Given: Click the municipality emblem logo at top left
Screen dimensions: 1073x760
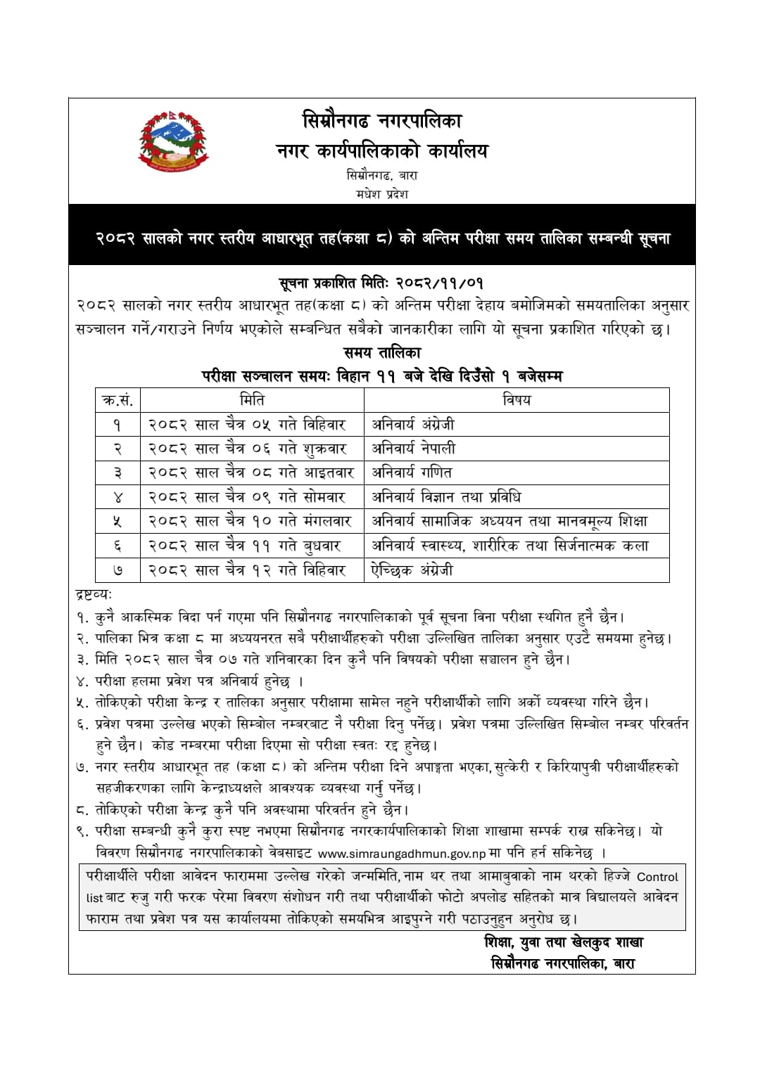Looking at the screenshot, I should [x=174, y=141].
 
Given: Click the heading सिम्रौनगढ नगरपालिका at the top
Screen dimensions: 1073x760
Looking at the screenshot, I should [x=382, y=121].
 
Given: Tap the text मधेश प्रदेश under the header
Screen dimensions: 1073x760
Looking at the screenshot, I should [x=382, y=194].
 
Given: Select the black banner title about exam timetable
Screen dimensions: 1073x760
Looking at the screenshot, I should [x=382, y=238].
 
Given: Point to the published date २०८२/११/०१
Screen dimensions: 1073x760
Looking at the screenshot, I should [x=439, y=283].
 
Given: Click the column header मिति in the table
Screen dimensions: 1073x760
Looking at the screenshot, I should [x=252, y=400].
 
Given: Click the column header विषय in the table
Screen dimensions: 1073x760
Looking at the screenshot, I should [x=517, y=400].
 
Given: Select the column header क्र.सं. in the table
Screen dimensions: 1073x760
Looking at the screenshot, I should [x=118, y=400].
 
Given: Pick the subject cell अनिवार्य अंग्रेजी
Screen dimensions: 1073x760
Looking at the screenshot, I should [x=414, y=425].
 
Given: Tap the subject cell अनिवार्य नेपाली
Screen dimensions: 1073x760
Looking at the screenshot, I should [x=414, y=449].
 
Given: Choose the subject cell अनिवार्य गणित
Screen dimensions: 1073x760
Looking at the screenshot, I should [x=412, y=473].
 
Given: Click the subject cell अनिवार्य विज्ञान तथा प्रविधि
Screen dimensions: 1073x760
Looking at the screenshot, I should [x=446, y=497].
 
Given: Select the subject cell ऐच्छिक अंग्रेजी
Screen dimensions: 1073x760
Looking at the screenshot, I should [x=412, y=570].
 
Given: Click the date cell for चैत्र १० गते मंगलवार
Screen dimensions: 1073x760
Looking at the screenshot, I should [x=250, y=522].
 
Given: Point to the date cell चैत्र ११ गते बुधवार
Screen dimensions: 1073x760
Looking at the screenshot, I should [x=245, y=546].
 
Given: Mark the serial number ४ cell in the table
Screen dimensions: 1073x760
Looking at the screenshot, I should [x=118, y=497].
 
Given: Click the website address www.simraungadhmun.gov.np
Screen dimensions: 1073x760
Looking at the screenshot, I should [x=402, y=854].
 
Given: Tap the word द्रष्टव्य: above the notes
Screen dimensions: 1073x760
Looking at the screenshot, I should [x=94, y=595].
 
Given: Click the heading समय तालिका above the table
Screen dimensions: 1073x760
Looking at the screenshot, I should [x=382, y=352].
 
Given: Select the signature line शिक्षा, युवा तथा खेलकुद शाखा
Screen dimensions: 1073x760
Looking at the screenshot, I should [x=564, y=942].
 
